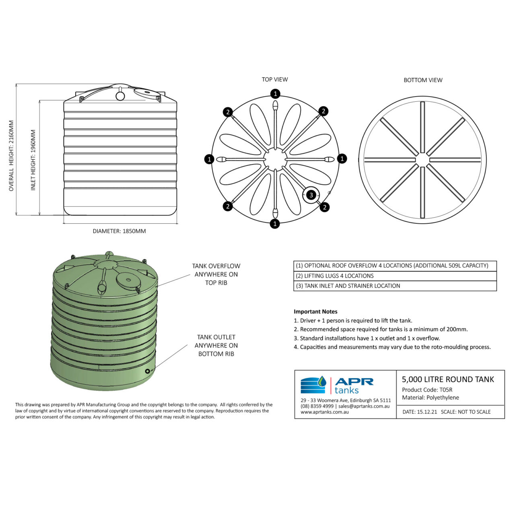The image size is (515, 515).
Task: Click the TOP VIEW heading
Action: pyautogui.click(x=275, y=79)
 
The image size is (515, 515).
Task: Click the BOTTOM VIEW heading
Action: pyautogui.click(x=423, y=80)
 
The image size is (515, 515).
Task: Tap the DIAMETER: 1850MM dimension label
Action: pyautogui.click(x=119, y=231)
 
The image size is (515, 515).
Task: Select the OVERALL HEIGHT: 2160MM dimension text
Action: pyautogui.click(x=11, y=156)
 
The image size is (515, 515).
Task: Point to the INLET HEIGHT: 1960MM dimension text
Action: pyautogui.click(x=33, y=160)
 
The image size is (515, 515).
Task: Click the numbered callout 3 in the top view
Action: pyautogui.click(x=311, y=195)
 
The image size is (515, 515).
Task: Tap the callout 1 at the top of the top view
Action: pyautogui.click(x=275, y=94)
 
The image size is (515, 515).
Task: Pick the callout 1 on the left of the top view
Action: pyautogui.click(x=209, y=159)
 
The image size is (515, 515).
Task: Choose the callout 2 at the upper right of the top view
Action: pyautogui.click(x=323, y=111)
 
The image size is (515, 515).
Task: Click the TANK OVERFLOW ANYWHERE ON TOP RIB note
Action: pyautogui.click(x=216, y=274)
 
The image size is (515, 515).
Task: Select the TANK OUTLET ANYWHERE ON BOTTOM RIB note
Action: pyautogui.click(x=216, y=346)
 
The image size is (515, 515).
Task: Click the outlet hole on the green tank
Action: pyautogui.click(x=148, y=371)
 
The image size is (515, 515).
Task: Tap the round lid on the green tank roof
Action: pyautogui.click(x=128, y=279)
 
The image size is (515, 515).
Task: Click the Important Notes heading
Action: pyautogui.click(x=315, y=311)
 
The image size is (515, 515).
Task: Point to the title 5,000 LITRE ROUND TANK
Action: pyautogui.click(x=448, y=379)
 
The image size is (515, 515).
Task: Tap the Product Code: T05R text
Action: pyautogui.click(x=427, y=390)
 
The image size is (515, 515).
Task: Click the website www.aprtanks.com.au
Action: pyautogui.click(x=324, y=412)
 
